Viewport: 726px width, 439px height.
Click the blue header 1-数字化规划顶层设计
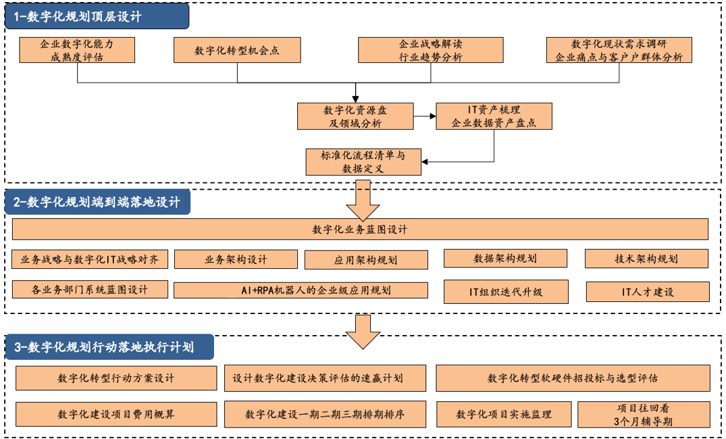coord(97,16)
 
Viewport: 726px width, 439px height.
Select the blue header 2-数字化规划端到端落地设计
coord(97,202)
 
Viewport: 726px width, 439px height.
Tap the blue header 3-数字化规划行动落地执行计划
coord(109,347)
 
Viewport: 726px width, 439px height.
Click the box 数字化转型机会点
coord(237,50)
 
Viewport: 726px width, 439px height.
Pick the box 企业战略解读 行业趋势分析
coord(431,50)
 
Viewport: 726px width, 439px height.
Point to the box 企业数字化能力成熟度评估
coord(77,50)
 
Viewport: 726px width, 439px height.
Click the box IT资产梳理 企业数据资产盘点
coord(494,116)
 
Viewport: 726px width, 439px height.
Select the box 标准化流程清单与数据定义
coord(363,162)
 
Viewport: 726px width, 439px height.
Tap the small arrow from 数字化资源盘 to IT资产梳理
coord(425,115)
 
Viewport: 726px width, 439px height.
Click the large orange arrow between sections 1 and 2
coord(363,200)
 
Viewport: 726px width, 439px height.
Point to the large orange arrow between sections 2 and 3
coord(363,332)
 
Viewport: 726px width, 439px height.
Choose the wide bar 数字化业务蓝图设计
coord(360,229)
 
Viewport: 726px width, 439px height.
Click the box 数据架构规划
coord(505,259)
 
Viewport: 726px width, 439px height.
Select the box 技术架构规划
coord(646,259)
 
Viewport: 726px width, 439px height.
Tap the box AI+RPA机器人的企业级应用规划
coord(301,290)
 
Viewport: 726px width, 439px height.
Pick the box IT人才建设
coord(648,292)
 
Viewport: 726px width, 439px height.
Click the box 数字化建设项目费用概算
coord(116,414)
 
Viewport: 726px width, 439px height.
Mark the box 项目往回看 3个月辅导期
coord(644,415)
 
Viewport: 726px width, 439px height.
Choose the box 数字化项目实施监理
coord(504,415)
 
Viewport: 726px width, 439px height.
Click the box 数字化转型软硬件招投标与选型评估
coord(573,378)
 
